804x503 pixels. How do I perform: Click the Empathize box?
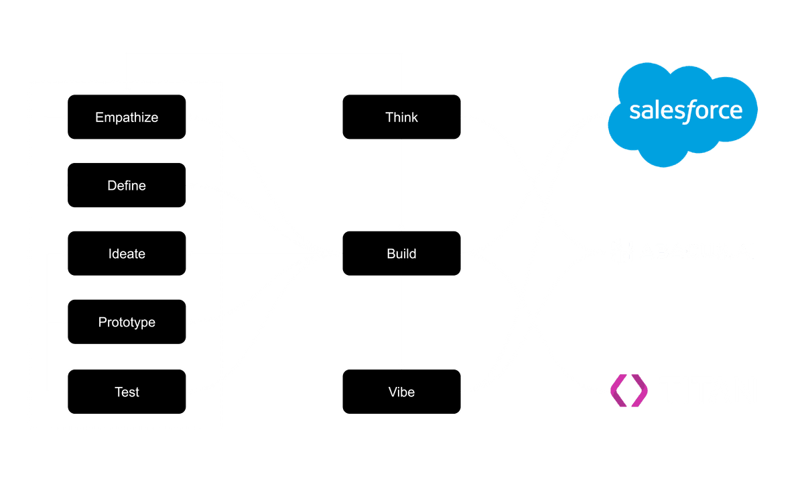tap(127, 117)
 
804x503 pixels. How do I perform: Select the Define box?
tap(127, 185)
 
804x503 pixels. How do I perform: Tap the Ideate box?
tap(127, 254)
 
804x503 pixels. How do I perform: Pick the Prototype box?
tap(127, 322)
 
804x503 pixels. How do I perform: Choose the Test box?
tap(127, 392)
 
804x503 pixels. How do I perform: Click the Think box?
tap(401, 117)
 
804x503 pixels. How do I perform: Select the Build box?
tap(401, 254)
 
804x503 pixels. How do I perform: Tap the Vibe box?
tap(401, 392)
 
